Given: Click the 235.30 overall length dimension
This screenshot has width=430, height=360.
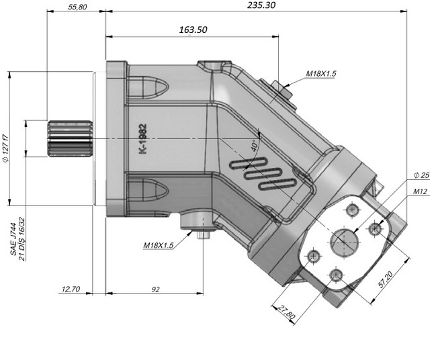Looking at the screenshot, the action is coord(261,5).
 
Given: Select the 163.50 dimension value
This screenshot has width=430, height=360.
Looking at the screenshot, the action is coord(193,30).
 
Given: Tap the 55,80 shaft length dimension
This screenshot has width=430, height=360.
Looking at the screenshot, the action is coord(77,7).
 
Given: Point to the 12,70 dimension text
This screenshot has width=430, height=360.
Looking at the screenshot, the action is coord(71,289).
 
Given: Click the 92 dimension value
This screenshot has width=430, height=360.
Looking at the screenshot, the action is coord(155,289).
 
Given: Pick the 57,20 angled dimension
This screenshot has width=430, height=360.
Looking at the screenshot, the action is coord(386,279).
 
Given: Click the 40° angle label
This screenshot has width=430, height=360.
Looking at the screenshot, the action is coord(255,146).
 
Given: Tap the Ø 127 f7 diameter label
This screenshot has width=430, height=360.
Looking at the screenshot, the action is coord(6,148).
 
